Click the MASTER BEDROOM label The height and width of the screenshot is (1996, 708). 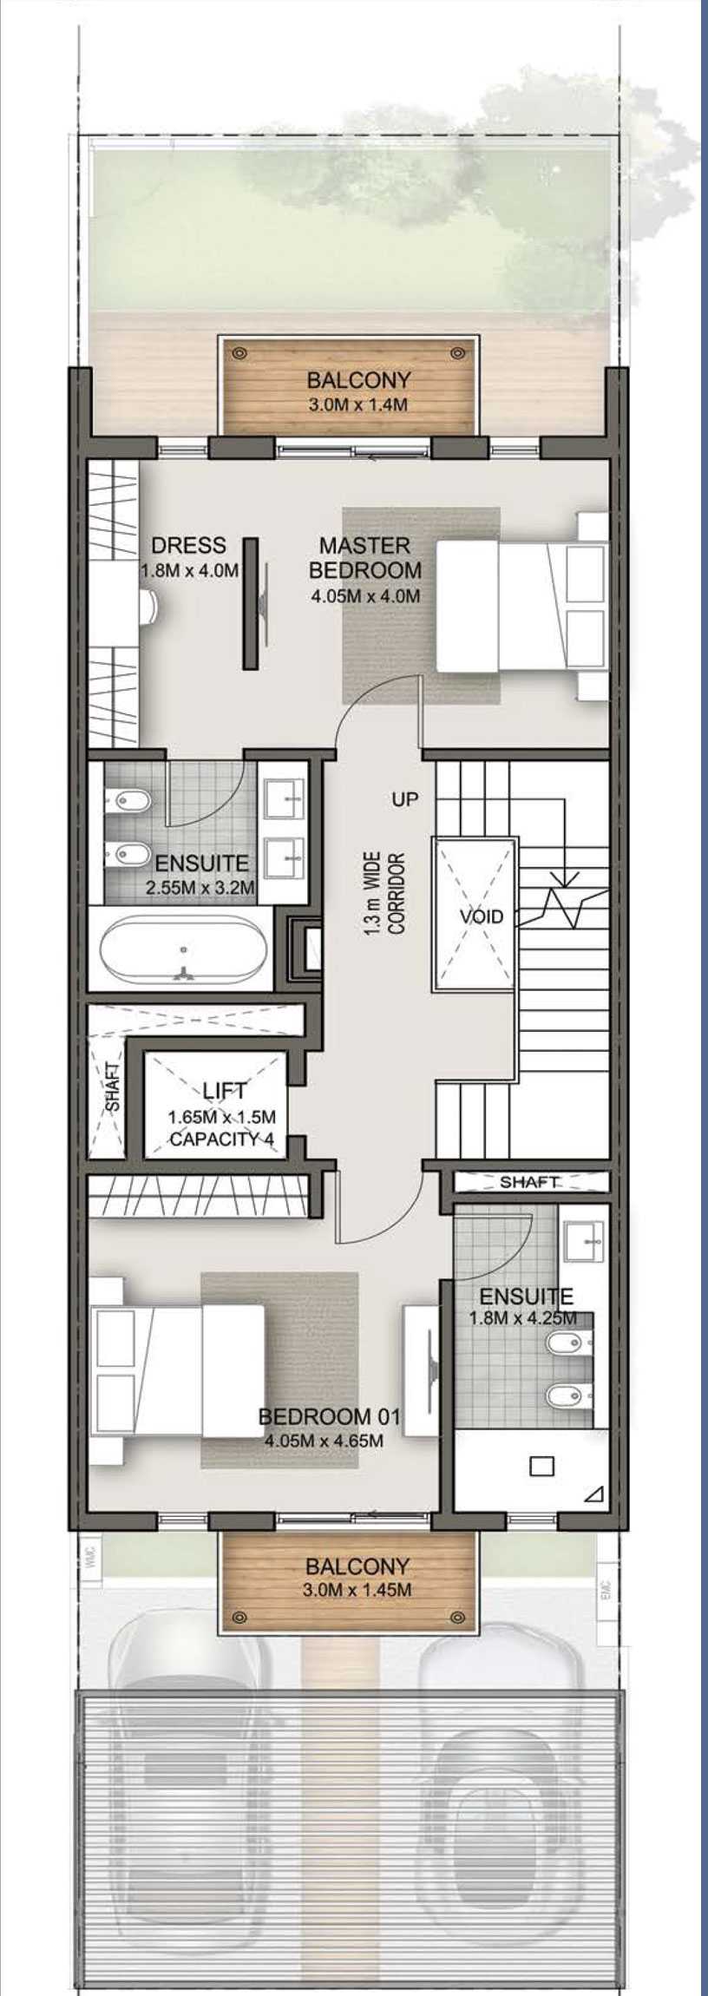[365, 558]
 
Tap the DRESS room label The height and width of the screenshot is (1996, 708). [188, 546]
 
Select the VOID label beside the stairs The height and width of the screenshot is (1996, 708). [482, 916]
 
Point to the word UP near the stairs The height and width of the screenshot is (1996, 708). [404, 799]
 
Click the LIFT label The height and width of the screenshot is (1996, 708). [225, 1091]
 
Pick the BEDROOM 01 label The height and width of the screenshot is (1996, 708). [330, 1417]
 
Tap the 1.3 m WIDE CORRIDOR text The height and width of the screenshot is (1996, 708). [383, 893]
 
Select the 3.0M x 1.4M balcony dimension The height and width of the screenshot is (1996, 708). [357, 405]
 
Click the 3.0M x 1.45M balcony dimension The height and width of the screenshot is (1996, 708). [357, 1591]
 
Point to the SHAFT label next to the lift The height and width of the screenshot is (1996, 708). [113, 1087]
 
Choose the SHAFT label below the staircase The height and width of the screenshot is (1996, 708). [529, 1182]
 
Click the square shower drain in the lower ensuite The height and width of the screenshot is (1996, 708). [541, 1466]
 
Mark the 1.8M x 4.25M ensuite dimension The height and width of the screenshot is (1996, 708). [523, 1318]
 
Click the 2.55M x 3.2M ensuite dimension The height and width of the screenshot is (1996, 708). [200, 888]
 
